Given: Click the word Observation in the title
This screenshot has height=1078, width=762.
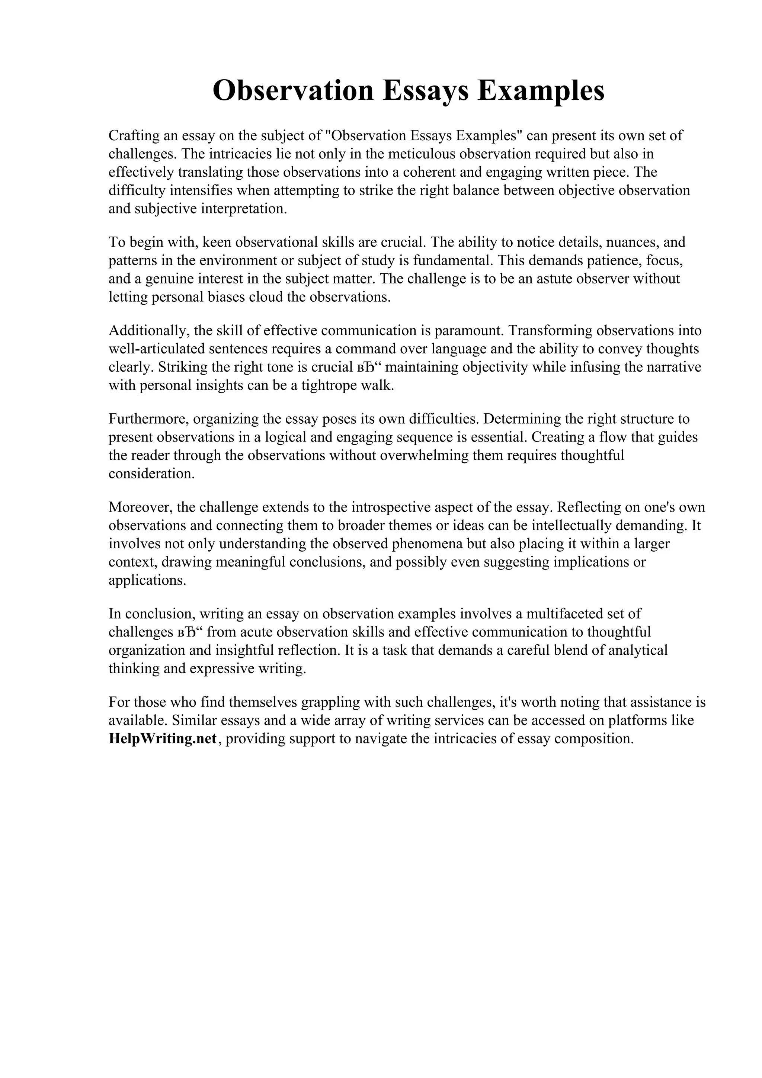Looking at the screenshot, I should [293, 91].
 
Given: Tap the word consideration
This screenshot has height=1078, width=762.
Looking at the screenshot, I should [151, 474].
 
